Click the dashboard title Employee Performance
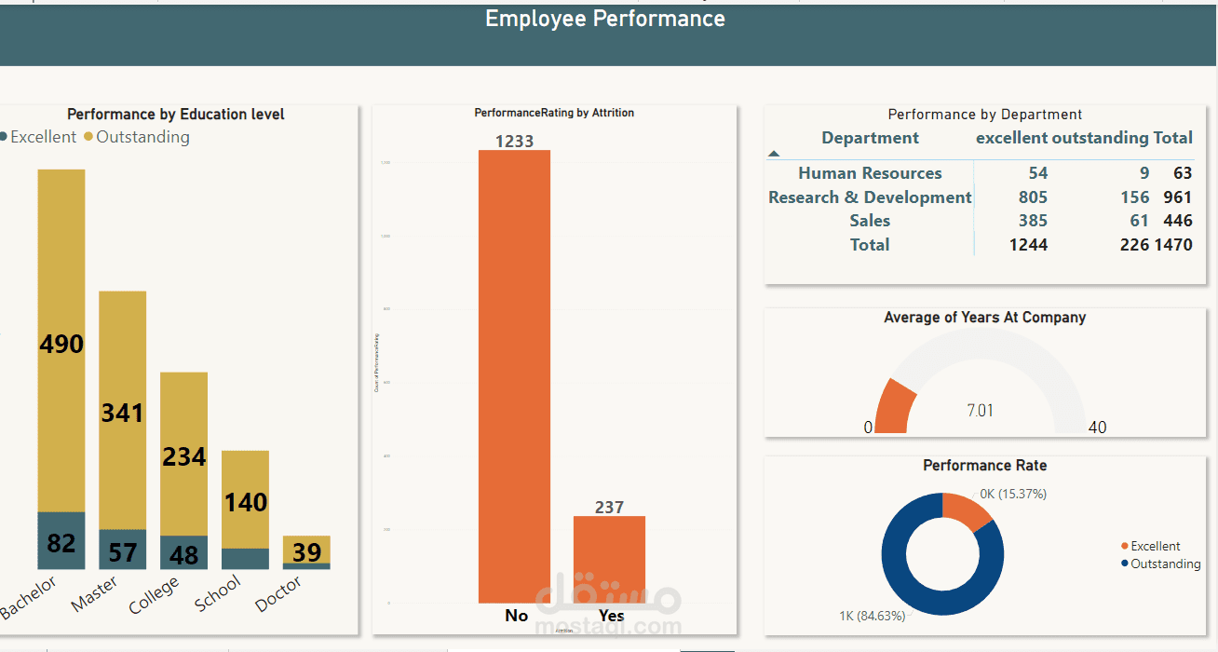[x=605, y=19]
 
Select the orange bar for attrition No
[x=514, y=373]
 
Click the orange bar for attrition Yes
[x=609, y=559]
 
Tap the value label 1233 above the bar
[x=514, y=141]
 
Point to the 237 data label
[x=609, y=508]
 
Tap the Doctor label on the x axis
[x=278, y=594]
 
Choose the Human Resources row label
[x=870, y=173]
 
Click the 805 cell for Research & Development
[x=1033, y=197]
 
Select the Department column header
[x=870, y=138]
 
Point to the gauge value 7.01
[x=980, y=410]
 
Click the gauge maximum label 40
[x=1097, y=428]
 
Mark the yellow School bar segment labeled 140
[x=246, y=501]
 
